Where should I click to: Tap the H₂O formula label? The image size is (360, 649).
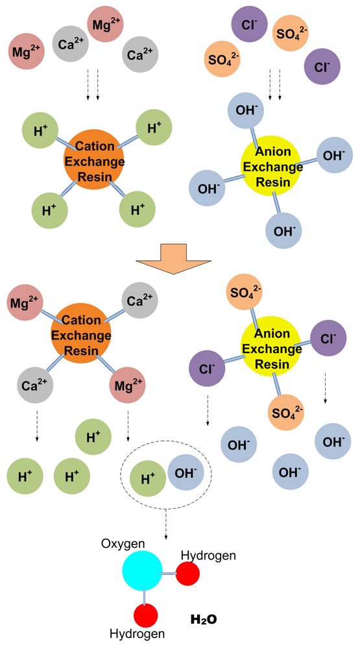point(204,620)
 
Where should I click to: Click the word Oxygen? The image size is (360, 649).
point(123,543)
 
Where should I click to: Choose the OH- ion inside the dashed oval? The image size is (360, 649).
point(186,471)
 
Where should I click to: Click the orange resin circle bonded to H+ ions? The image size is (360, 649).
point(94,160)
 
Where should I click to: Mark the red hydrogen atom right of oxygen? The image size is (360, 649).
point(187,574)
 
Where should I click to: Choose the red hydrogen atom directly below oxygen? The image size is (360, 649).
point(145,615)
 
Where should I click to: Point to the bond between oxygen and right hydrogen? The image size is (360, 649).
point(169,573)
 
